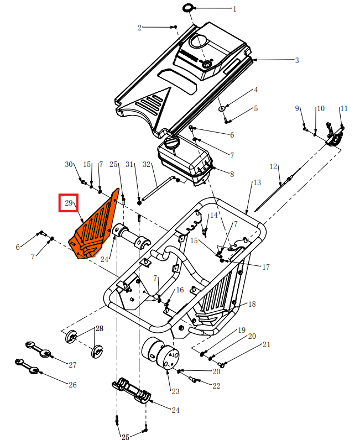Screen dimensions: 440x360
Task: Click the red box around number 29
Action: tap(69, 203)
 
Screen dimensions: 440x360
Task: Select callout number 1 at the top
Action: tap(234, 9)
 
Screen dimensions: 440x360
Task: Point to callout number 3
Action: tap(296, 60)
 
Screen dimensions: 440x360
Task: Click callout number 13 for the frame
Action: tap(257, 183)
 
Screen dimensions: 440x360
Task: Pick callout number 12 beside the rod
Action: tap(273, 166)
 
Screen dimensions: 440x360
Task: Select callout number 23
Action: tap(175, 391)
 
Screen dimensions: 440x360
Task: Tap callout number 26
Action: tap(72, 385)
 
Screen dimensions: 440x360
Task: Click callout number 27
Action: tap(72, 365)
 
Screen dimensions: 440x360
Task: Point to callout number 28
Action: tap(99, 328)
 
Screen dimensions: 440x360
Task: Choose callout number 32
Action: tap(147, 165)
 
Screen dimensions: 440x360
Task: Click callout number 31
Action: tap(130, 165)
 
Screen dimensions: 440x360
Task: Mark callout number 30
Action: tap(69, 165)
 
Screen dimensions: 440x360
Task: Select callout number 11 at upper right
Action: tap(343, 109)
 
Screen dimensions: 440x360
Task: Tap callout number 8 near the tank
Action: tap(232, 174)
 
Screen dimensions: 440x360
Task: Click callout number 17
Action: tap(265, 267)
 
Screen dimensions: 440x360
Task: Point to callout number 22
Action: tap(216, 385)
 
